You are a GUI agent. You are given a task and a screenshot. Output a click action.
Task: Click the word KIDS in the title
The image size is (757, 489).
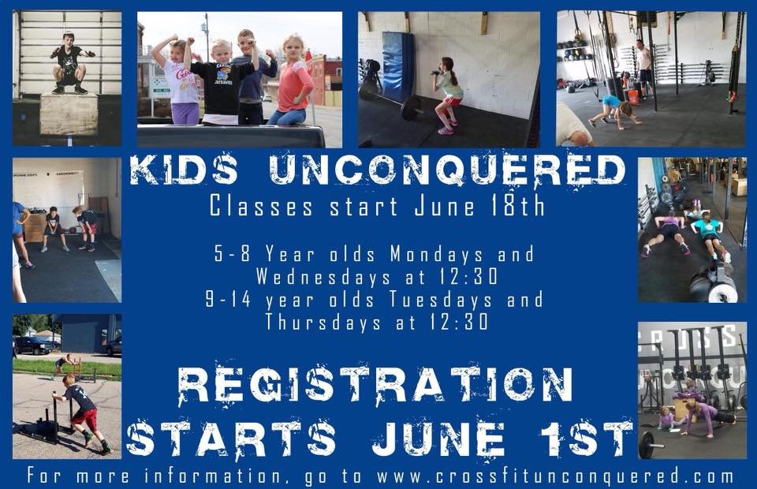[x=184, y=170]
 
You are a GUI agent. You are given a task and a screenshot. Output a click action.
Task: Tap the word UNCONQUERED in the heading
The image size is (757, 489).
[x=447, y=170]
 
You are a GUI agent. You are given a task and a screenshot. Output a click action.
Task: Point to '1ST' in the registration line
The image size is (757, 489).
[x=587, y=438]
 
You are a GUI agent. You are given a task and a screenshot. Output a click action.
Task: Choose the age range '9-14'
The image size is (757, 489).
[x=229, y=300]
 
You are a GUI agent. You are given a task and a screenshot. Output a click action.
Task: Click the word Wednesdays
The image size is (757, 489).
[x=323, y=277]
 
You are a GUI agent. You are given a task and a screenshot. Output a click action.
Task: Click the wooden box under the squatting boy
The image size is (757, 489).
[x=69, y=114]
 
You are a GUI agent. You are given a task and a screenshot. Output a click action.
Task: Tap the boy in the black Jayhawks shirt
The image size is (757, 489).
[x=222, y=83]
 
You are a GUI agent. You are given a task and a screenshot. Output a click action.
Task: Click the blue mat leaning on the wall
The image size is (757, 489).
[x=398, y=66]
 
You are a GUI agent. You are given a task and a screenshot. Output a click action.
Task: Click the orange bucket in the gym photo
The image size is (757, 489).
[x=632, y=96]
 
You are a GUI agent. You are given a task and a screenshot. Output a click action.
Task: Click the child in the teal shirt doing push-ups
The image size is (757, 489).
[x=709, y=234]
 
